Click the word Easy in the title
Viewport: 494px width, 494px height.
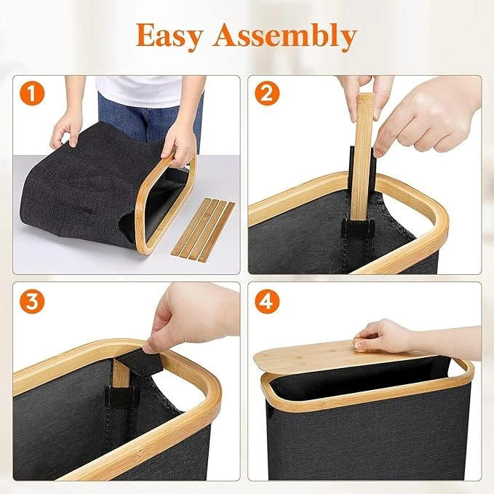coord(169,36)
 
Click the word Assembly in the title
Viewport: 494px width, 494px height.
coord(284,36)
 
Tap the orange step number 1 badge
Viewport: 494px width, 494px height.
coord(32,94)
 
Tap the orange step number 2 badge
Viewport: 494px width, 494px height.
coord(267,94)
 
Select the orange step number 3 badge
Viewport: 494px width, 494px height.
coord(32,301)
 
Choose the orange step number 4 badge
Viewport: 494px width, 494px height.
coord(267,301)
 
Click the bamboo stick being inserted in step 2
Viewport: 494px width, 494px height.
coord(361,158)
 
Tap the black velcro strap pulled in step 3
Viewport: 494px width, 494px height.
coord(148,362)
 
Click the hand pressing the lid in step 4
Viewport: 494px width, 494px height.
coord(383,336)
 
